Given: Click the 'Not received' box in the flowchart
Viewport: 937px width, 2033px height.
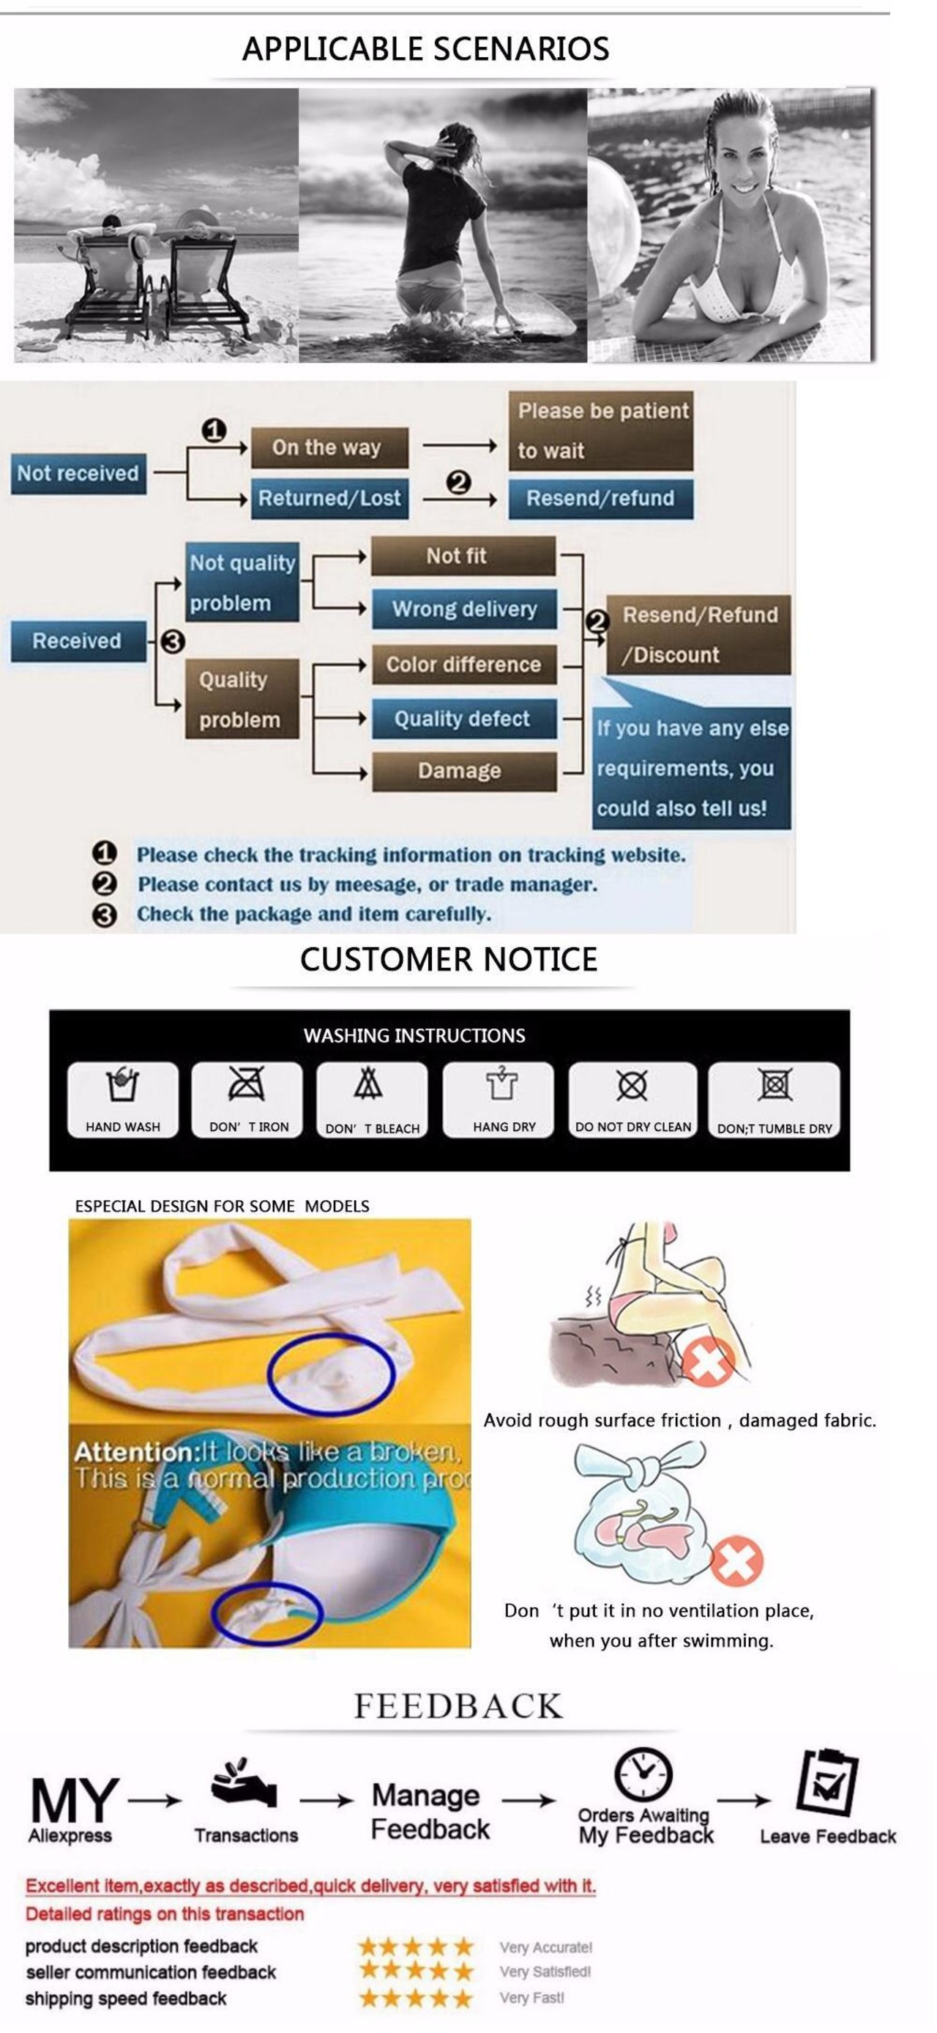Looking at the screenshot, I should point(78,473).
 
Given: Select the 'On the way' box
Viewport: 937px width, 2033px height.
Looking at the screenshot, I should point(329,448).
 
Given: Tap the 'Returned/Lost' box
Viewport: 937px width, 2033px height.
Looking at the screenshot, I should point(329,498).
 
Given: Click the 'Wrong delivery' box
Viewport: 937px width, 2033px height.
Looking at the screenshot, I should point(464,609).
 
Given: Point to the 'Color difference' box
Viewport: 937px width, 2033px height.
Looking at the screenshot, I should point(464,664).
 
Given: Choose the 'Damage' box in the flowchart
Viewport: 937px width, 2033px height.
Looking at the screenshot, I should point(464,770).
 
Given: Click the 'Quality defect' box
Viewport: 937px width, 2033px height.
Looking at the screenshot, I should point(464,718).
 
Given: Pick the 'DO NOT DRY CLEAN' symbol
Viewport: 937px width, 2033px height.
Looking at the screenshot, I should point(632,1085).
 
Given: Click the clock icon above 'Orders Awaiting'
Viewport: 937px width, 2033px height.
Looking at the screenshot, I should point(643,1774).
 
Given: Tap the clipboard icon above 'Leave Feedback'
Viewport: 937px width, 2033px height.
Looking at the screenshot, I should point(827,1783).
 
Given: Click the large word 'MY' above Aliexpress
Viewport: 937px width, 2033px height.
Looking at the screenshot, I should point(75,1801).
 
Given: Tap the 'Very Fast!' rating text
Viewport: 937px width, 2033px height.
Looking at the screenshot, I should point(531,1998).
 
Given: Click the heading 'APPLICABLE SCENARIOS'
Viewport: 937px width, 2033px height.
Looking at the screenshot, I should point(425,49).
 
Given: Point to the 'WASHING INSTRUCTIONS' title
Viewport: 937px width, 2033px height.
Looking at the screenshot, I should point(414,1035).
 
